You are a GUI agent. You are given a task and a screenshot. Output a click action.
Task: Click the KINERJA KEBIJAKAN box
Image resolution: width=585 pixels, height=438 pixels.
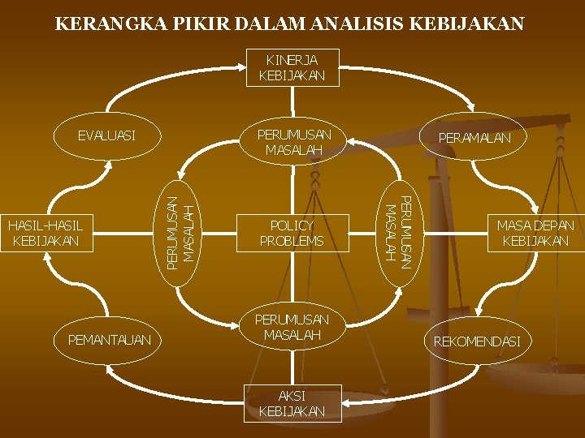point(292,67)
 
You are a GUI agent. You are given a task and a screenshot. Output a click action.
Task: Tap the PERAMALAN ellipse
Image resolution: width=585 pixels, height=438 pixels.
point(474,138)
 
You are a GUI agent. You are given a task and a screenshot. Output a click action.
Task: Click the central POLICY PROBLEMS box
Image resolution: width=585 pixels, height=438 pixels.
point(292,233)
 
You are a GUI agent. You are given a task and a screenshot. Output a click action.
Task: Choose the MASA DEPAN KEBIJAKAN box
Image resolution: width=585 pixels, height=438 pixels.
point(535,233)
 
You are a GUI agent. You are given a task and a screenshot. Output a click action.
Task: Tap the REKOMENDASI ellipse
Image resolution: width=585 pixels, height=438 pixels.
point(476,341)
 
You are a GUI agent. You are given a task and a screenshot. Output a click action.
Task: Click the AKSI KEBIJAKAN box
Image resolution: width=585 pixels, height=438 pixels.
point(292,403)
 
